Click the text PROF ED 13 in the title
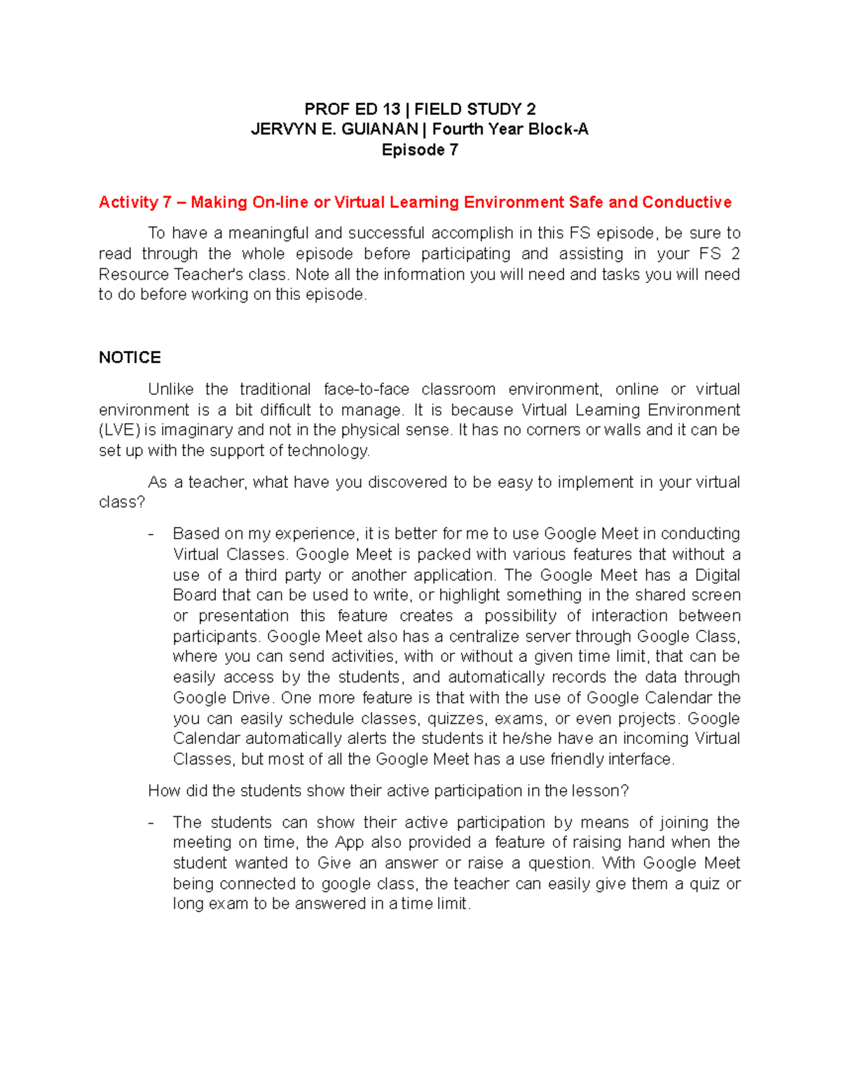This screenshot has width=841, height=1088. (x=352, y=109)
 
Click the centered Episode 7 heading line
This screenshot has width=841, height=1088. (x=420, y=150)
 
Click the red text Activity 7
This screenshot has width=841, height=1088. (x=135, y=202)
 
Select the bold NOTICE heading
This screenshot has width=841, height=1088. (x=130, y=358)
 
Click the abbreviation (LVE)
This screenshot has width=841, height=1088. (x=120, y=430)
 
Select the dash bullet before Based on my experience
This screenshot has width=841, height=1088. (x=151, y=534)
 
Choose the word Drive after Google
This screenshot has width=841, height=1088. (x=250, y=698)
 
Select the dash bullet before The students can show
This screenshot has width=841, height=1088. (x=151, y=822)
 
